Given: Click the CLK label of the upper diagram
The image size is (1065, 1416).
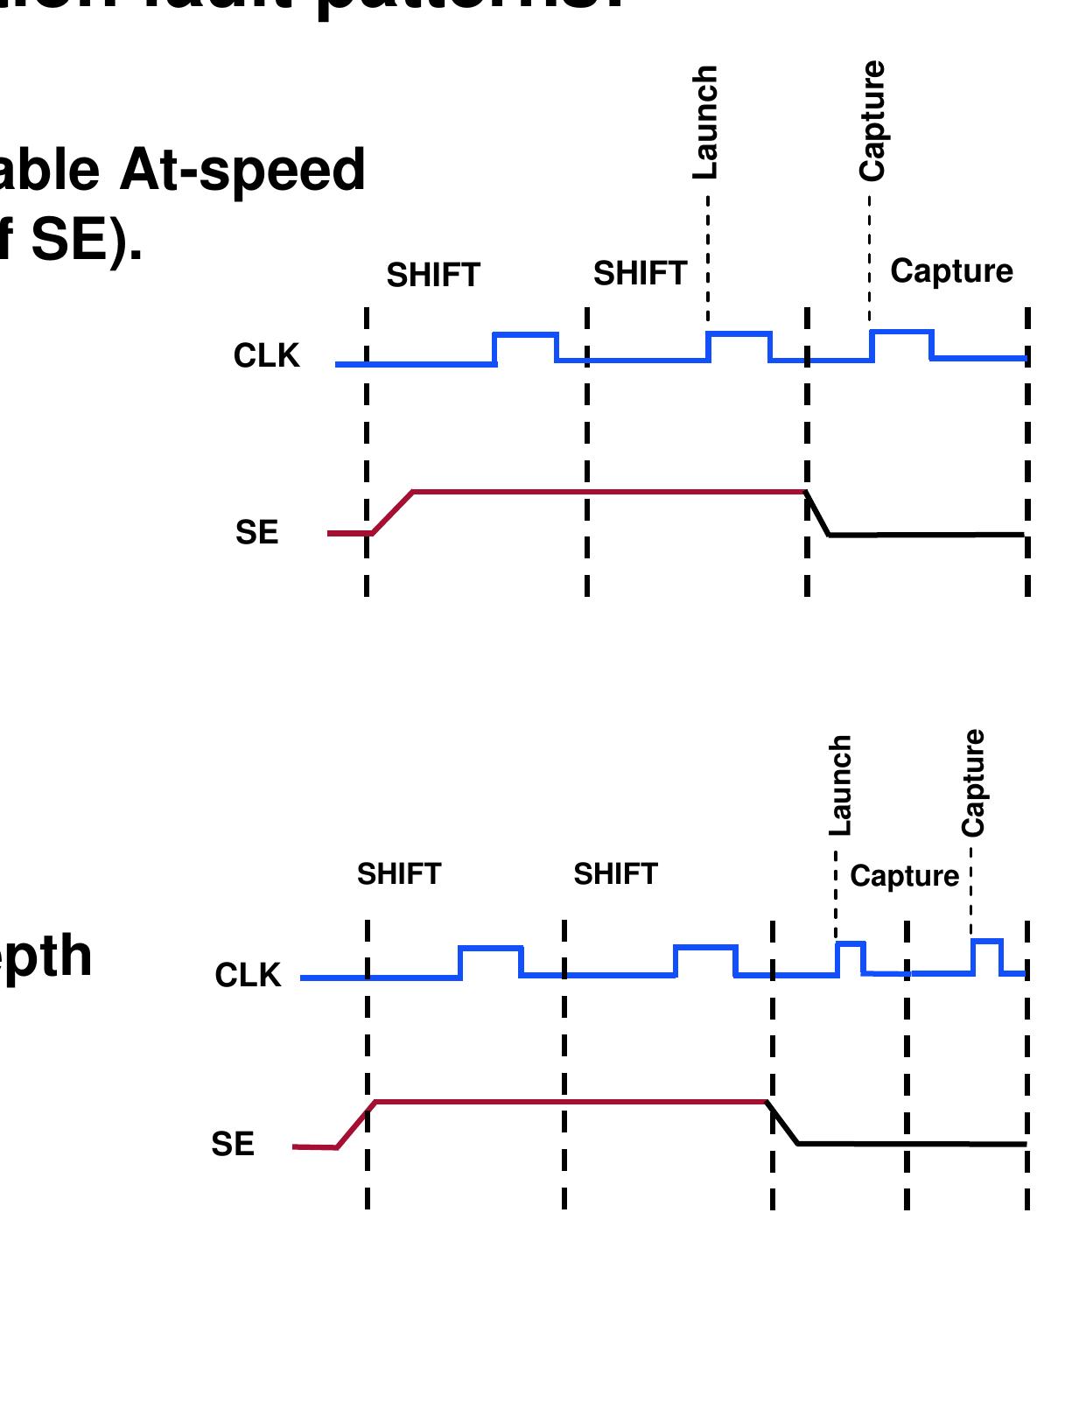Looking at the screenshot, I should [x=266, y=356].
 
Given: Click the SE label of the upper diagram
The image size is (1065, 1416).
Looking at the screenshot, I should [x=256, y=532].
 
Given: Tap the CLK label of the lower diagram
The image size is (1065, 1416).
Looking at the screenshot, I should [x=248, y=975].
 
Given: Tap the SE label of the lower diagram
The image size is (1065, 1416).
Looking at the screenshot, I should [x=233, y=1144].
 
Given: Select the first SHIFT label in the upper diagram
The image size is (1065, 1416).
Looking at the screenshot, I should [x=433, y=276].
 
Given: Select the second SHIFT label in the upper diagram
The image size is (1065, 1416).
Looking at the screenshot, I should [x=640, y=274].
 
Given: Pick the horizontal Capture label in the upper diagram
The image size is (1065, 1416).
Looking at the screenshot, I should [x=951, y=271].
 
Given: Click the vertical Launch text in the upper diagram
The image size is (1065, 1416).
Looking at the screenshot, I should [x=705, y=122].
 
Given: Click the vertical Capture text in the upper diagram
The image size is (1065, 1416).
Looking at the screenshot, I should [x=872, y=121].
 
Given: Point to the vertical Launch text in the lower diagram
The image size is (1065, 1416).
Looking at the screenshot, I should [x=840, y=785].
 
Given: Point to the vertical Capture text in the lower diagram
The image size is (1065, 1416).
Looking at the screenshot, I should [x=973, y=782].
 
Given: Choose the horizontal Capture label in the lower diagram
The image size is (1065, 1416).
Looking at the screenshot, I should [x=904, y=876].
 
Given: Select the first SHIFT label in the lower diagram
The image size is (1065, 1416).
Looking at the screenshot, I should [x=399, y=874].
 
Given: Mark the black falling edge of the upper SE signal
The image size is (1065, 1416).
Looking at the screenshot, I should [x=817, y=514].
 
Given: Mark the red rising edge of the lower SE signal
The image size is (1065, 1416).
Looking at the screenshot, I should [x=356, y=1125].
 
